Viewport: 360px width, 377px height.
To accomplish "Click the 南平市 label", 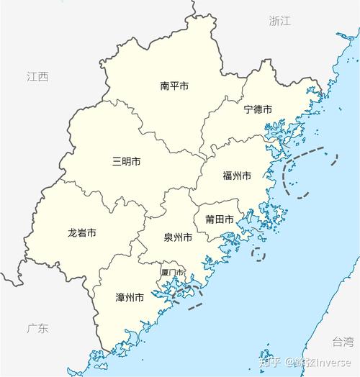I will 174,86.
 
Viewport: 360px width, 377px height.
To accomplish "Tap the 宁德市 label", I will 257,109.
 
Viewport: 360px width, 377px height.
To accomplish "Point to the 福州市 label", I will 236,176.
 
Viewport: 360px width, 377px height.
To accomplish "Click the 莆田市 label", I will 218,219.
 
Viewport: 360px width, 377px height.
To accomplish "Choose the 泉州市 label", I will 177,237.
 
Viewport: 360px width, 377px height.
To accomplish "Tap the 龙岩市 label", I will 81,233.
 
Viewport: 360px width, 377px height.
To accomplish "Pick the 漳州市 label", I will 130,296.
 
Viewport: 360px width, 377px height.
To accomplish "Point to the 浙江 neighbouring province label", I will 279,21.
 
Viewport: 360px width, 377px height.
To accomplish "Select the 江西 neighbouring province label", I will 37,76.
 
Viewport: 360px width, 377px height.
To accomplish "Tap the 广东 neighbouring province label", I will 37,329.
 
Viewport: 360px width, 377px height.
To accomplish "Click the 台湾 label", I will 343,341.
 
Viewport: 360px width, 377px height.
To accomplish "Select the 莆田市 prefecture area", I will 216,230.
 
